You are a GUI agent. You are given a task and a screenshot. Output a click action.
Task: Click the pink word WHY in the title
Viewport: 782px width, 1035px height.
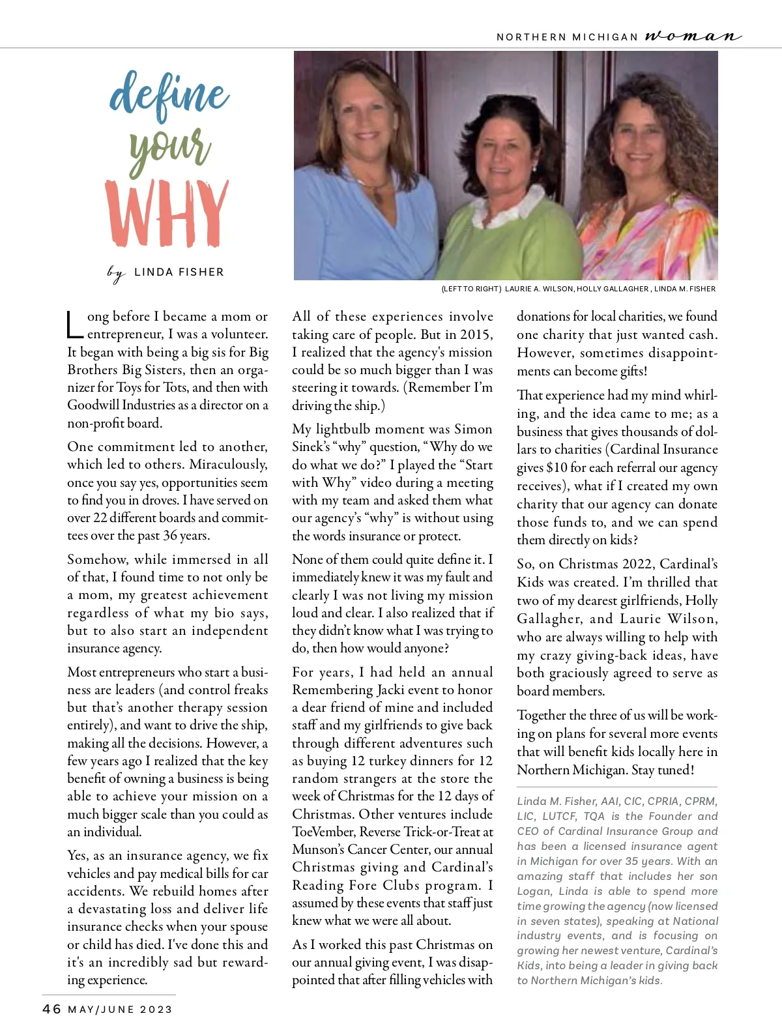pyautogui.click(x=167, y=214)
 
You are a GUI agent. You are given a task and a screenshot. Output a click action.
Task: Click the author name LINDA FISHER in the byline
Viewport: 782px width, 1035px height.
pyautogui.click(x=179, y=272)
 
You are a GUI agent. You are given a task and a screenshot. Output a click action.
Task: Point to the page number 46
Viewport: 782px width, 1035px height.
pyautogui.click(x=51, y=1009)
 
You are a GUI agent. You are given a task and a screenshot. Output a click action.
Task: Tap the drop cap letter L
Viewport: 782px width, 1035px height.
pyautogui.click(x=75, y=325)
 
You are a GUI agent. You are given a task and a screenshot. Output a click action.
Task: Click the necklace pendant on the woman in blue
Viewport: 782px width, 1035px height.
pyautogui.click(x=377, y=194)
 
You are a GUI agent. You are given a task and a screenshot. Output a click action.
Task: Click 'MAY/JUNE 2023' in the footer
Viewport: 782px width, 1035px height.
pyautogui.click(x=121, y=1010)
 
